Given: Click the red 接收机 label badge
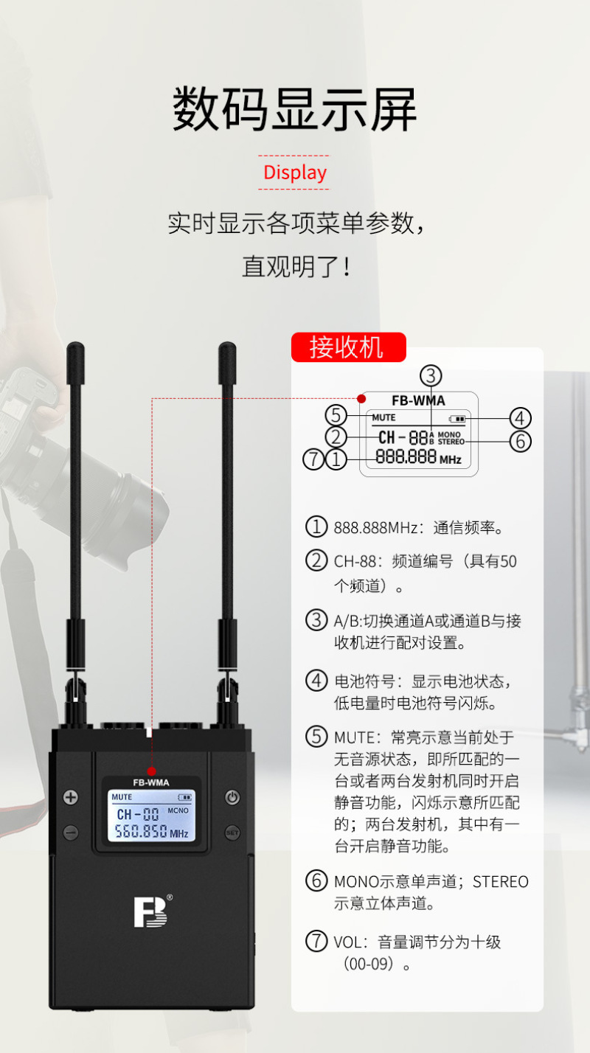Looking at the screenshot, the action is point(348,347).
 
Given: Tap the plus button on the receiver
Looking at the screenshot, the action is point(71,797).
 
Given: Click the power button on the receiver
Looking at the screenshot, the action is point(232,797).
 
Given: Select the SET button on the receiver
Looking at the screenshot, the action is point(232,833).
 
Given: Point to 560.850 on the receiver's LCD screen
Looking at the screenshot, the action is point(141,831).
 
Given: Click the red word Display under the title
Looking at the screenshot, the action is point(295,173).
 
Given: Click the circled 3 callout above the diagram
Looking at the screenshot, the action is point(431,376).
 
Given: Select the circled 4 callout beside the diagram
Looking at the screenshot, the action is point(521,418).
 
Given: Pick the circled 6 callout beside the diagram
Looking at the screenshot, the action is point(521,442).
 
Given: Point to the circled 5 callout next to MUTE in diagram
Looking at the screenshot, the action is point(336,415).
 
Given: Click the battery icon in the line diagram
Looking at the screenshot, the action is point(457,418).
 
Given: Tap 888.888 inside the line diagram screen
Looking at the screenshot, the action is point(406,456).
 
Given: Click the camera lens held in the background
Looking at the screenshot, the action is point(94,493).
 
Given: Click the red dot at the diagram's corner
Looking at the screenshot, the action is point(361,399).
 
